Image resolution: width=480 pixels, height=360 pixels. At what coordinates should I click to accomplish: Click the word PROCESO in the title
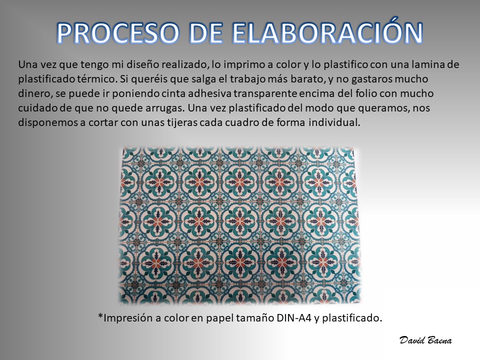pyautogui.click(x=117, y=33)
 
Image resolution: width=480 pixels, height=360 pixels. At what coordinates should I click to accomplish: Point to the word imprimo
pyautogui.click(x=247, y=65)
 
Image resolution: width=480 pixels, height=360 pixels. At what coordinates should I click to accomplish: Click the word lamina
pyautogui.click(x=427, y=64)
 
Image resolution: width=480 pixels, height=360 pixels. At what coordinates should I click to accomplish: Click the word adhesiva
pyautogui.click(x=209, y=93)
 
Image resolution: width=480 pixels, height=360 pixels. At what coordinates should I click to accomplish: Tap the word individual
pyautogui.click(x=334, y=122)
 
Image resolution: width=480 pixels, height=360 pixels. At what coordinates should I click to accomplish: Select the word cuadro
pyautogui.click(x=239, y=122)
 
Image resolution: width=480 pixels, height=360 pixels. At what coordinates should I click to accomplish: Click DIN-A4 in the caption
pyautogui.click(x=294, y=318)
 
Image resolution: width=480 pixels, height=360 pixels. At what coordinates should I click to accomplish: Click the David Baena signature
pyautogui.click(x=425, y=340)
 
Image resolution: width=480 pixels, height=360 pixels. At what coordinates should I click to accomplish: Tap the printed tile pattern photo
pyautogui.click(x=239, y=225)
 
